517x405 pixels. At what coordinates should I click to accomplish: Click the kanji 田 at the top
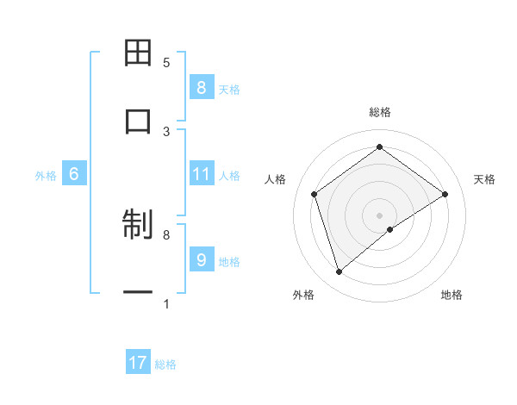(x=138, y=53)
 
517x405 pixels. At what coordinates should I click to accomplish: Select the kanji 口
(x=138, y=121)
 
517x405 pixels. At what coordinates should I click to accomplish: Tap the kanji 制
(x=138, y=225)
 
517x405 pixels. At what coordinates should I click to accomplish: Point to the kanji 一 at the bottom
(x=138, y=293)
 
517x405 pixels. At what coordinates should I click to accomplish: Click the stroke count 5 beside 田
(x=166, y=62)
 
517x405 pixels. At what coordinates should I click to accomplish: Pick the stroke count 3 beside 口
(x=166, y=131)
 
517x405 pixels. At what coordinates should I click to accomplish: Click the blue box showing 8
(x=201, y=87)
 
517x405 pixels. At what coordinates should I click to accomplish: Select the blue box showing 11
(x=201, y=174)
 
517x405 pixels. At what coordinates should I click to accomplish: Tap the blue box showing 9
(x=201, y=259)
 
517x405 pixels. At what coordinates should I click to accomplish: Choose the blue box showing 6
(x=74, y=174)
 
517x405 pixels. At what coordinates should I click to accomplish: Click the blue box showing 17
(x=138, y=363)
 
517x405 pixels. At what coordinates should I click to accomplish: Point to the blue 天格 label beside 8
(x=229, y=89)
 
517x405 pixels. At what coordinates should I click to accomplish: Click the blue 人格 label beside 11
(x=229, y=175)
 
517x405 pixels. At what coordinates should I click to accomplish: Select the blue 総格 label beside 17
(x=165, y=364)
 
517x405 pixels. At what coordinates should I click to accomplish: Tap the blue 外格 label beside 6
(x=46, y=175)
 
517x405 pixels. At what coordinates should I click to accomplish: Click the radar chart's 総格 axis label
(x=380, y=112)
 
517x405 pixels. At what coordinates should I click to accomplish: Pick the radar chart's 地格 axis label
(x=452, y=295)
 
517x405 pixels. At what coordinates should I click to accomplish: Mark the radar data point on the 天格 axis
(x=445, y=194)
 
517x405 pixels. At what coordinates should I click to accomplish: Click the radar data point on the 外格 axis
(x=339, y=272)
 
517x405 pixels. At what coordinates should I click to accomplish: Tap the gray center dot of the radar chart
(x=380, y=215)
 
